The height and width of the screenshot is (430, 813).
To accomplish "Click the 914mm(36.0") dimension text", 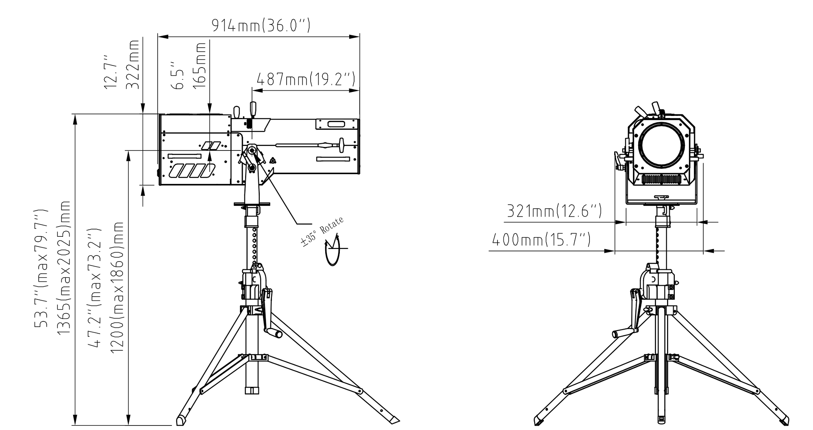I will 261,26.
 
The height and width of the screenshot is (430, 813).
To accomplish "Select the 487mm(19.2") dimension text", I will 306,79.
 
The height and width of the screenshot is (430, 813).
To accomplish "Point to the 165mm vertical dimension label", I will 200,64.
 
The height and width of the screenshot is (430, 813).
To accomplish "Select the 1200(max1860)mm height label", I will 118,288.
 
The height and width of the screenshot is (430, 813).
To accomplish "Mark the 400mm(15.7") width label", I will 541,240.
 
